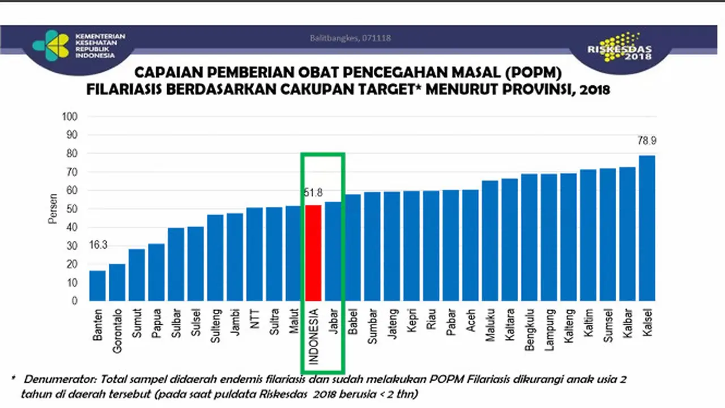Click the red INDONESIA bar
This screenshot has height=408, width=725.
(313, 253)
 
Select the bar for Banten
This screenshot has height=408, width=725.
(97, 286)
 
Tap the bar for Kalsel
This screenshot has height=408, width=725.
(647, 228)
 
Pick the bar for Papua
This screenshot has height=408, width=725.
(156, 273)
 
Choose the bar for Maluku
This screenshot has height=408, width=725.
(490, 241)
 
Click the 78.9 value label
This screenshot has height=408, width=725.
(647, 141)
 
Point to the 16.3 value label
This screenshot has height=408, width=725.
(98, 245)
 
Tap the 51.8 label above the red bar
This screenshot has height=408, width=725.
(313, 193)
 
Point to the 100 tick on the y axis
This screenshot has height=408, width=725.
(70, 117)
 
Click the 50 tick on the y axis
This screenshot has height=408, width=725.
(72, 209)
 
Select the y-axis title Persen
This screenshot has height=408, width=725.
(53, 209)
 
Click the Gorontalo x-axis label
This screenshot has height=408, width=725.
(117, 330)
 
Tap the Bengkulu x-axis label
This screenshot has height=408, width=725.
(530, 330)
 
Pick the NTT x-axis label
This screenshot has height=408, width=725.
(255, 319)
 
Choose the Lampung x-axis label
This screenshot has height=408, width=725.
(549, 330)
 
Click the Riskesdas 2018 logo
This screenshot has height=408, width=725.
(620, 48)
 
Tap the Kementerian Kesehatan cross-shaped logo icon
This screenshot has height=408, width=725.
(51, 45)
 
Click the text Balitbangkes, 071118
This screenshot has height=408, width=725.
(350, 38)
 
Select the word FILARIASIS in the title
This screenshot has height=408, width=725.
(124, 90)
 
